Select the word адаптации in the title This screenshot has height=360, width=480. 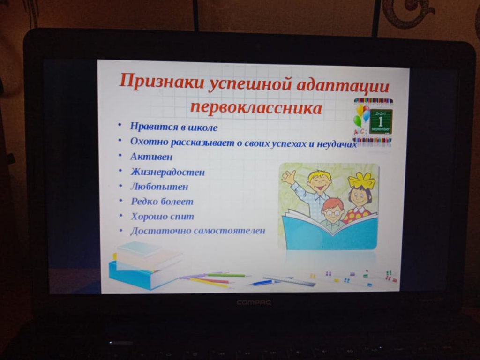343,85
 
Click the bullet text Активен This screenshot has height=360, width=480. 151,157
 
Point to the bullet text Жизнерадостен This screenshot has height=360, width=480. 168,172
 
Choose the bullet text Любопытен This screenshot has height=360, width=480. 159,187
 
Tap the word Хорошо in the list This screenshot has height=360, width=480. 147,217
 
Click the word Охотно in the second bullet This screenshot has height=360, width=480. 150,142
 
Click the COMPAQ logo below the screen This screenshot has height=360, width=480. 254,303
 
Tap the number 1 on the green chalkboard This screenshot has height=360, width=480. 380,121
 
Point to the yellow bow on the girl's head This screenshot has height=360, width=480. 362,180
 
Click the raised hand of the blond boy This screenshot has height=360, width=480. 288,177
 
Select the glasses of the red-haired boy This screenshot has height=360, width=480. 332,212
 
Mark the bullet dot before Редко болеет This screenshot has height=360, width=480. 120,201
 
